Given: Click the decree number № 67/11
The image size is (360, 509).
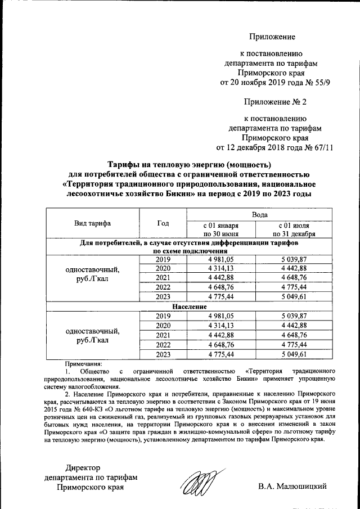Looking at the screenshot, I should coord(319,148).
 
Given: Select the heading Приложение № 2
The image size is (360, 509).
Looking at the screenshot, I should coord(275,102).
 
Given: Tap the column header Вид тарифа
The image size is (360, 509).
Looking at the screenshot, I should coord(92,223).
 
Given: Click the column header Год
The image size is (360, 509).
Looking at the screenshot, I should coord(163,223).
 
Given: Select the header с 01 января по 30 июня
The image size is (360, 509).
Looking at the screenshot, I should coord(221,229).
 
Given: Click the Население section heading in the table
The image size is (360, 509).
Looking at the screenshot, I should coord(186,307).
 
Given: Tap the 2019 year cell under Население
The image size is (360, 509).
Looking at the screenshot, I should coord(163,316).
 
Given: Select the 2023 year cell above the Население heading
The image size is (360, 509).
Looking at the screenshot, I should coord(163,297).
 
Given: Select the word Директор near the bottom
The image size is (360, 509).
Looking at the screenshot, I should coord(82,468).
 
